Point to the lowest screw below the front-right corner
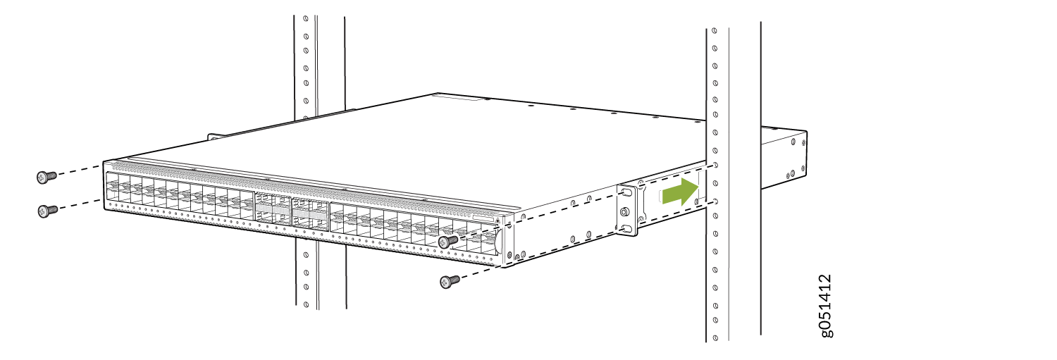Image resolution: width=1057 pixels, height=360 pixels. [449, 282]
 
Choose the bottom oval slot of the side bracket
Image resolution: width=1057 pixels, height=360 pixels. [625, 229]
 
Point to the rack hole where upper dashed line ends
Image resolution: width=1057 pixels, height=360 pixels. [716, 166]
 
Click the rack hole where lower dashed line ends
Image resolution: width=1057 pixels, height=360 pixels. [716, 201]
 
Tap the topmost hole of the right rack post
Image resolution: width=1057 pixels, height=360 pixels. [715, 32]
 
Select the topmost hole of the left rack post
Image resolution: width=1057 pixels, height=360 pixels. [305, 19]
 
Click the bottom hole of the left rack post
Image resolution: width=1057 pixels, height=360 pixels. [306, 304]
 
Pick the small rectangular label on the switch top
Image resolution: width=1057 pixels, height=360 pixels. [475, 100]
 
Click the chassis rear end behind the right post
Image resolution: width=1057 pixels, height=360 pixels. [784, 159]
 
